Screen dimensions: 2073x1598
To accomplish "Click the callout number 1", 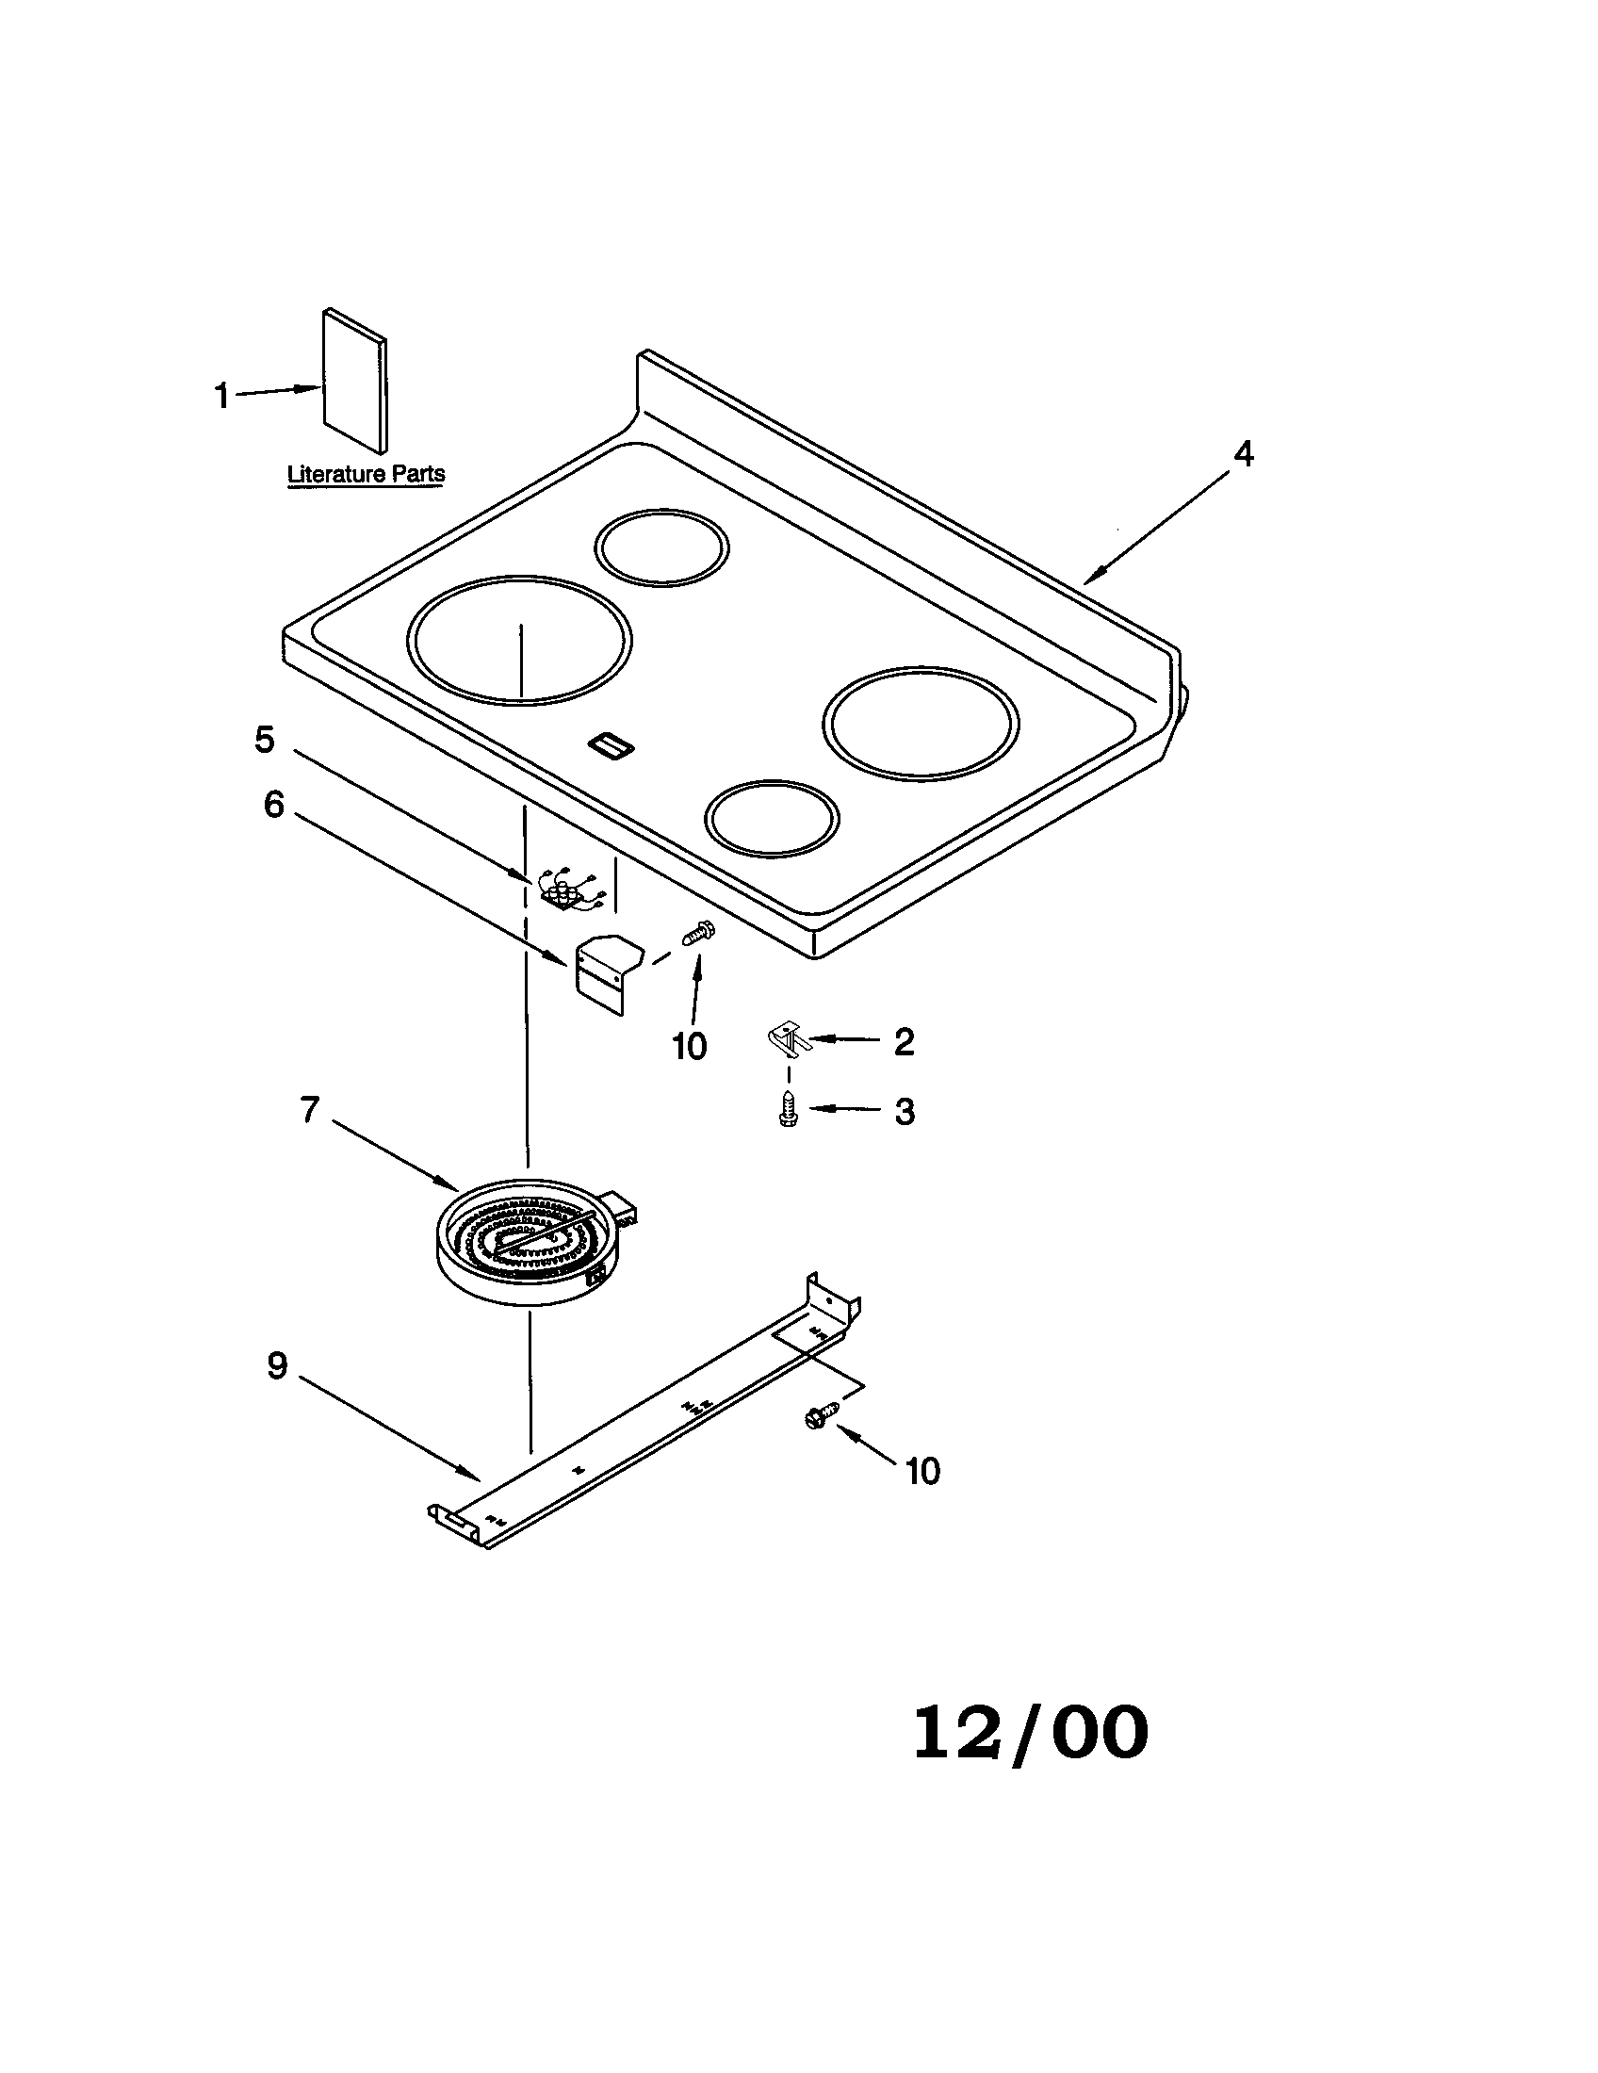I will (x=222, y=396).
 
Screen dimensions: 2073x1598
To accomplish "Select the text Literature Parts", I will (x=366, y=474).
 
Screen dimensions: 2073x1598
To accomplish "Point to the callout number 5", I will (x=265, y=740).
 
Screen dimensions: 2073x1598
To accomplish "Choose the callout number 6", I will (x=273, y=805).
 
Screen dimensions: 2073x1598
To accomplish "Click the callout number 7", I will (x=309, y=1109).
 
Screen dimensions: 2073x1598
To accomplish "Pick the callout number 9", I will (x=276, y=1365).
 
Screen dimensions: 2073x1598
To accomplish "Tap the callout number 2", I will (x=905, y=1041).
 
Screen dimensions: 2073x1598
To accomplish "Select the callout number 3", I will (x=905, y=1112).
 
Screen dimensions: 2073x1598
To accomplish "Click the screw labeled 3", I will (x=787, y=1110).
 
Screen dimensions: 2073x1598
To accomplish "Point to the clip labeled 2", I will (x=787, y=1038).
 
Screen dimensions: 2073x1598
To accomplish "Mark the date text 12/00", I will (x=1031, y=1732).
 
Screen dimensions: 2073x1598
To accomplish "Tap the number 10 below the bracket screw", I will (x=690, y=1047).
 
